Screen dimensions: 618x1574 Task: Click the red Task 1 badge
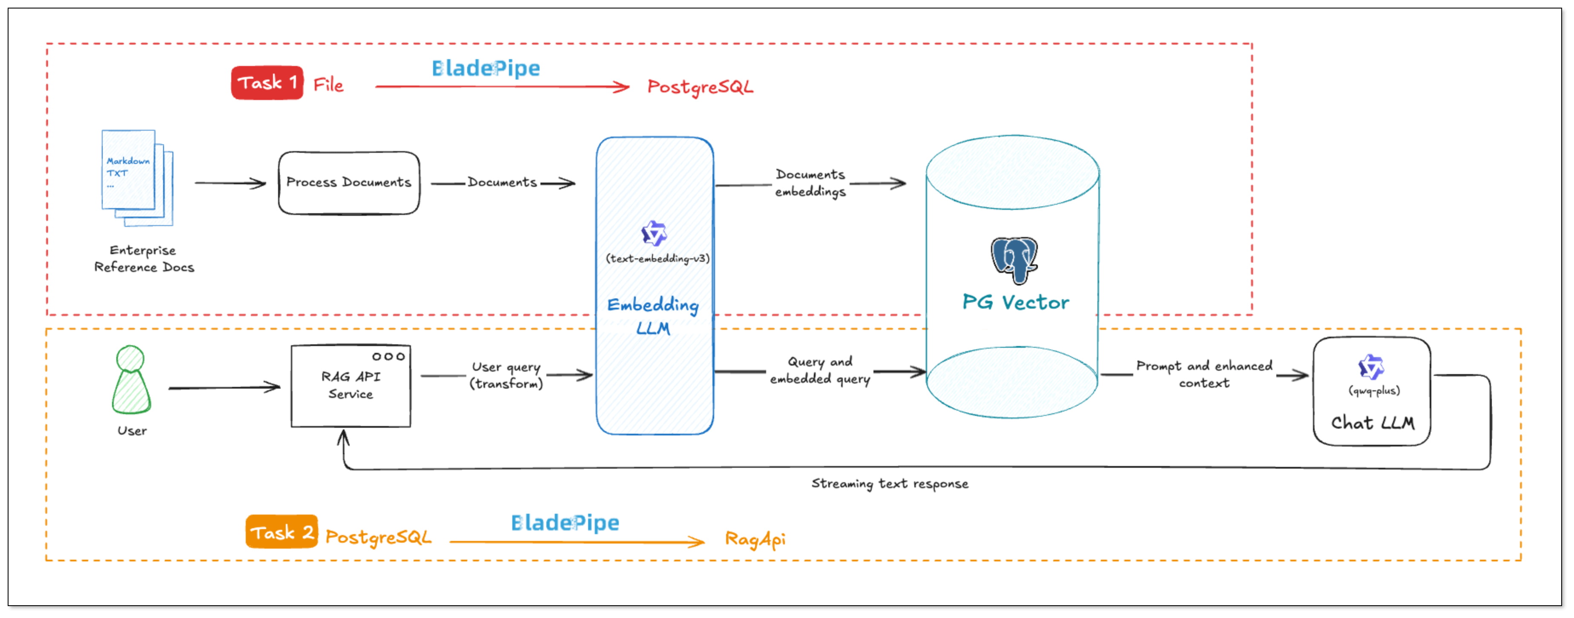coord(267,83)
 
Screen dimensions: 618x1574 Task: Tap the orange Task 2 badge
coord(281,532)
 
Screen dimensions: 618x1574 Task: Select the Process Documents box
coord(349,183)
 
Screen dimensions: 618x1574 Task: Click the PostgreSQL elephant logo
coord(1014,260)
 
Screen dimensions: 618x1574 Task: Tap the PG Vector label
coord(1016,302)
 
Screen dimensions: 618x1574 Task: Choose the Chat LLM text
coord(1373,423)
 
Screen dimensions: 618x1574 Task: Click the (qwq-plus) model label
coord(1373,391)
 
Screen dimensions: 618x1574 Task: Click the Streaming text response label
coord(890,484)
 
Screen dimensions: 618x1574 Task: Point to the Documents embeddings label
coord(810,183)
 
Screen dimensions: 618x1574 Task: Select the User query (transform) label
coord(506,375)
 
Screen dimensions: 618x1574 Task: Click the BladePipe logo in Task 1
coord(486,69)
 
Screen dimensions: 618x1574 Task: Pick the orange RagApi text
coord(755,539)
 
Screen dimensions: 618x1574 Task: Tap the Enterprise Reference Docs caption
coord(144,259)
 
